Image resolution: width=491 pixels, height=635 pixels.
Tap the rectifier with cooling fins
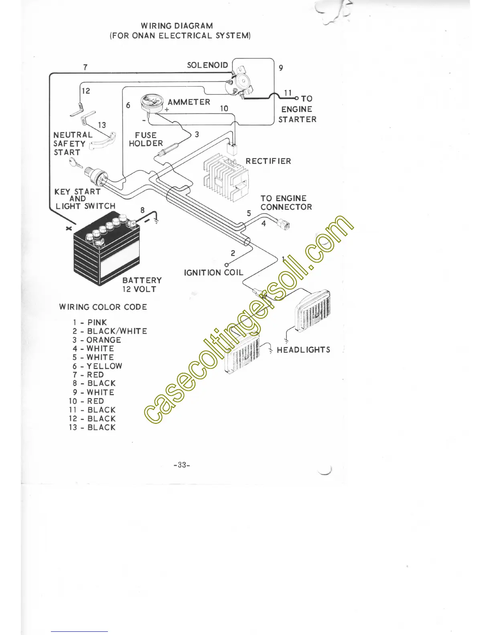click(x=226, y=177)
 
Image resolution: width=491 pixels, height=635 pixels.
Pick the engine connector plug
click(x=284, y=224)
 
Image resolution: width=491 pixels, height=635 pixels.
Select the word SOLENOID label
click(x=207, y=65)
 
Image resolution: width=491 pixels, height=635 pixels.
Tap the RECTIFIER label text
click(x=268, y=161)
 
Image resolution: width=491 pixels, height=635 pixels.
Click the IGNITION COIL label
click(x=213, y=273)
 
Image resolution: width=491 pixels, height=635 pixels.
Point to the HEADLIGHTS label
click(x=304, y=350)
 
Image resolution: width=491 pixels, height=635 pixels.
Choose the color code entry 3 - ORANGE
click(x=97, y=340)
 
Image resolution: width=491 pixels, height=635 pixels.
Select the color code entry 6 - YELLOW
click(x=97, y=366)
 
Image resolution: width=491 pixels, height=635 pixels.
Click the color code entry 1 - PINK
click(x=90, y=322)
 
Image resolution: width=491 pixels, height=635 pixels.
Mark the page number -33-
click(x=182, y=465)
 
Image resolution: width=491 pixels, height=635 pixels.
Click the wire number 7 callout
click(x=85, y=67)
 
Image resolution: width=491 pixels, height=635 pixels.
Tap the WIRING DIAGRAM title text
click(x=177, y=26)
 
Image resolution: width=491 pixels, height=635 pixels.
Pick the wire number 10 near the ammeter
click(x=224, y=109)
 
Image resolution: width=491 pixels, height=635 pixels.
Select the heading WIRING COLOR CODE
click(x=103, y=307)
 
